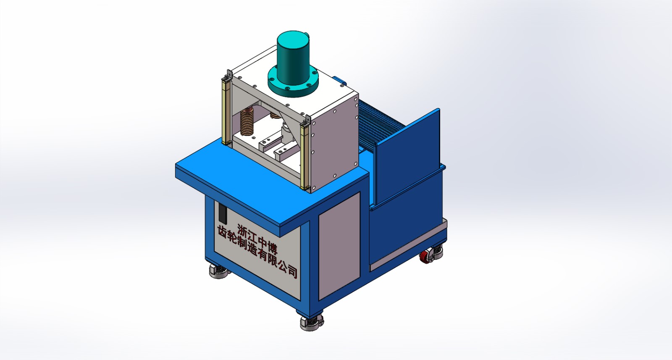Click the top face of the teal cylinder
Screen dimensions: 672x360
pyautogui.click(x=293, y=39)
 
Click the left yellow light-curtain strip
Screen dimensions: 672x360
pyautogui.click(x=226, y=111)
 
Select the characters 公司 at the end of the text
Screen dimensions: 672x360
pyautogui.click(x=288, y=269)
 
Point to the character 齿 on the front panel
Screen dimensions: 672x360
pyautogui.click(x=223, y=232)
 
